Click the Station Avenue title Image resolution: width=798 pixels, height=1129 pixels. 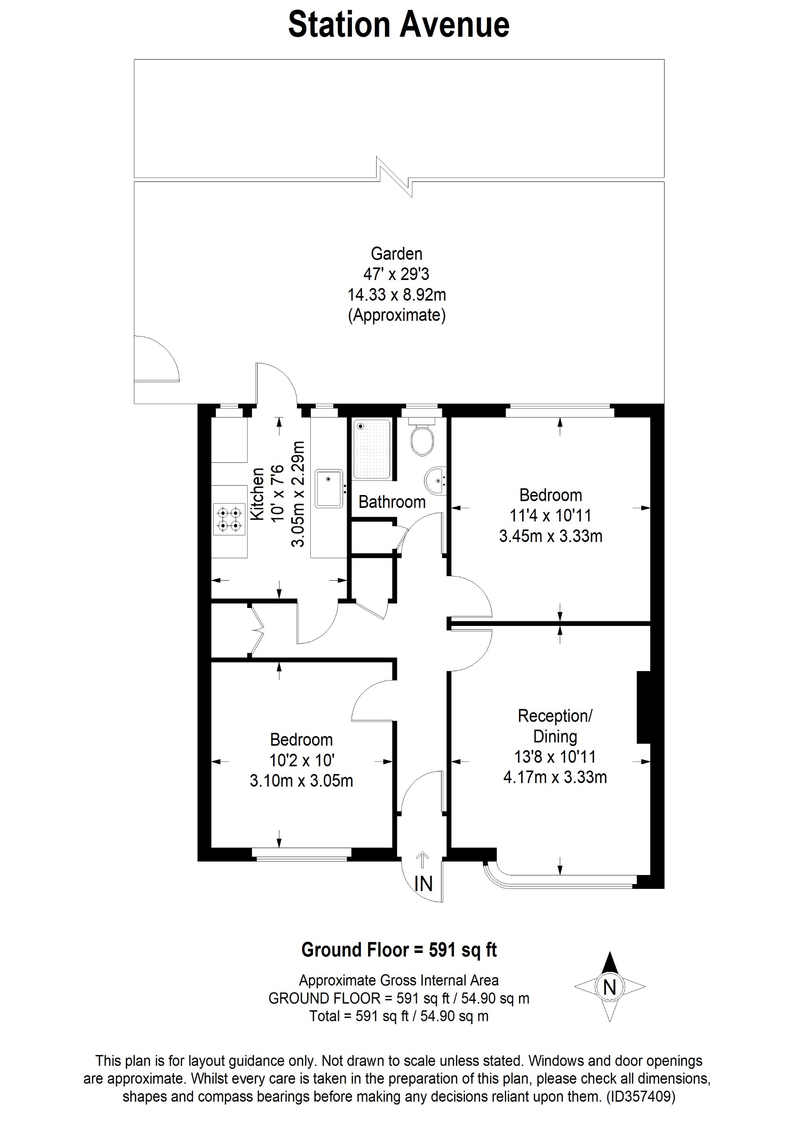[x=399, y=25]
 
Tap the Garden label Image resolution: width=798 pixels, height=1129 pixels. [x=396, y=254]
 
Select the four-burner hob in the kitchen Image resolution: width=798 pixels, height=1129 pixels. [x=229, y=519]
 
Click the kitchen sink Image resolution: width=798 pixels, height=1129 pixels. [x=329, y=488]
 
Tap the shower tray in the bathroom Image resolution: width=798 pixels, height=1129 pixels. [x=372, y=448]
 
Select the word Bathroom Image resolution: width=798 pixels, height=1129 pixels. [x=392, y=502]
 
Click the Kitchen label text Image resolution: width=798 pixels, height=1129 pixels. [x=257, y=494]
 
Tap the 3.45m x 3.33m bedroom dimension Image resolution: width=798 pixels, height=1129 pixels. [x=550, y=536]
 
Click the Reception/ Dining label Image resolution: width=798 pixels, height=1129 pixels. [x=555, y=726]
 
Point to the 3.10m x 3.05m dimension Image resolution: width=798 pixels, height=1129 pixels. [x=301, y=781]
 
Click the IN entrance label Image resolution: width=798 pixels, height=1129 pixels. [x=423, y=884]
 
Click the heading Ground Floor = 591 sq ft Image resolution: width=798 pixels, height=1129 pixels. [x=399, y=949]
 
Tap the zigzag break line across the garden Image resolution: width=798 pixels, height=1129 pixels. [x=394, y=177]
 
